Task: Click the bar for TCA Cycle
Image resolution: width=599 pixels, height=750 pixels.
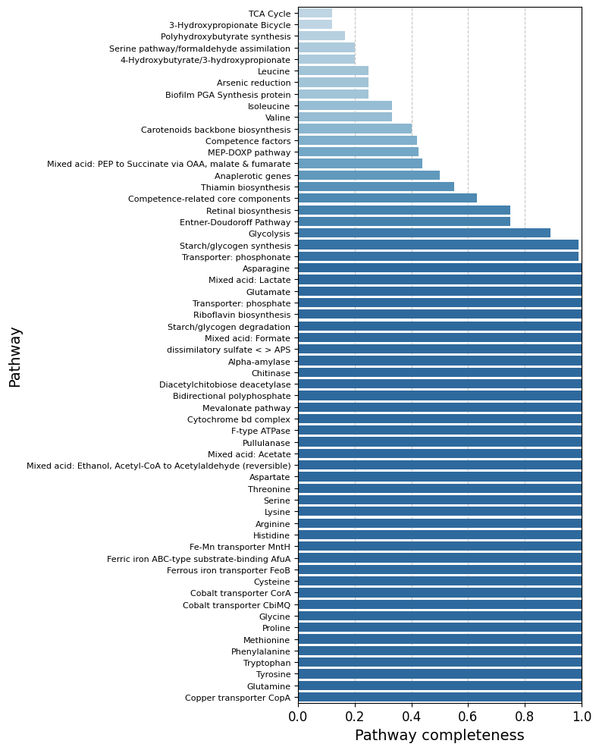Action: pos(315,14)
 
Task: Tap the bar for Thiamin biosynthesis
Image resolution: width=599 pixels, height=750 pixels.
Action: pos(376,187)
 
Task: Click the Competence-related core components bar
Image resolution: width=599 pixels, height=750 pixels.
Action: pos(387,199)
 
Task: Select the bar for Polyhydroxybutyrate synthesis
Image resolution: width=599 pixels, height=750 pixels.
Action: pos(321,36)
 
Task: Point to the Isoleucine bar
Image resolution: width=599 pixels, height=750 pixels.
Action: pos(345,106)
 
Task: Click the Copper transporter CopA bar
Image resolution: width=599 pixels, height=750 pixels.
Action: pos(440,698)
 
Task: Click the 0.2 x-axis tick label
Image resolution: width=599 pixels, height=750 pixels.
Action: pos(355,716)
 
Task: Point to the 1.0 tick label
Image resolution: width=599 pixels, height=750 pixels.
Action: pos(582,716)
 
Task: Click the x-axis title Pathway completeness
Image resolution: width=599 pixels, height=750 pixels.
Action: pos(440,736)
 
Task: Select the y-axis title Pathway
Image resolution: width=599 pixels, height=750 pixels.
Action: pos(15,356)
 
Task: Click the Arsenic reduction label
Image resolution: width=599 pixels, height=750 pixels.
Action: pos(253,83)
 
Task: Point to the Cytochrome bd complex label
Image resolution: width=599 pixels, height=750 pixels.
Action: pos(239,419)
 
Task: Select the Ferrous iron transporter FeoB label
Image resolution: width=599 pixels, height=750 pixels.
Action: pos(228,570)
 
